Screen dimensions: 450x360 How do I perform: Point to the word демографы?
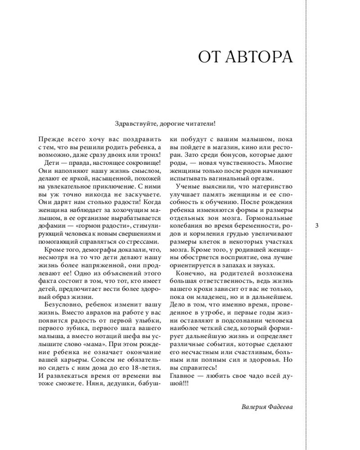click(106, 250)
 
